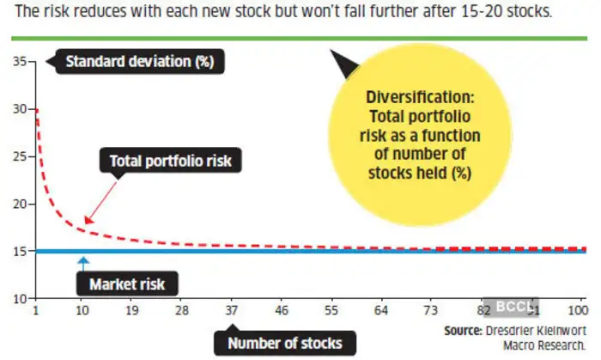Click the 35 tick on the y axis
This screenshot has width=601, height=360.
19,62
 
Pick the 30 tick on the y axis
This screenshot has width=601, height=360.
19,109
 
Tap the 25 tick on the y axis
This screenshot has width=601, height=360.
19,156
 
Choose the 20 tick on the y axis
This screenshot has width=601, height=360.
19,204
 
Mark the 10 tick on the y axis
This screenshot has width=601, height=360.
19,298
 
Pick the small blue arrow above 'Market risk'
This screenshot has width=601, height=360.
83,260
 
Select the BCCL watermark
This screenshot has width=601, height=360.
516,304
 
